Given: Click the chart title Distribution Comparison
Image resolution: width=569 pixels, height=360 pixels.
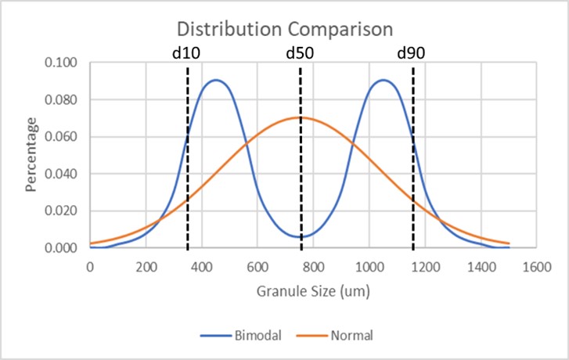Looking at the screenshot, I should point(284,30).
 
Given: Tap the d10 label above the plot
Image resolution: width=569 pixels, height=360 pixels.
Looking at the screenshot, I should point(187,55).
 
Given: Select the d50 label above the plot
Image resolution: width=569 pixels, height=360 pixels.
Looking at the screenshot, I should point(301,55).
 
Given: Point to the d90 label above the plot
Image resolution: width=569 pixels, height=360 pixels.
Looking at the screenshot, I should point(412,55).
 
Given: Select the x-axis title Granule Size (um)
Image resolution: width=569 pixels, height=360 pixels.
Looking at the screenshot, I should point(312,292).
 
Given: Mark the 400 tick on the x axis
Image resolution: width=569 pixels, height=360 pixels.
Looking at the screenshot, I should point(201,265).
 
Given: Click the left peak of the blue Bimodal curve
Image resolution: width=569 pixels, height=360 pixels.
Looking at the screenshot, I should point(216,80).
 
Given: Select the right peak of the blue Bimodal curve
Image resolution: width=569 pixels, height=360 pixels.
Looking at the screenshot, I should point(384,80).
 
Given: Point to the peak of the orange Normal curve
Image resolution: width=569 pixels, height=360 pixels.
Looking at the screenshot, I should point(300,117).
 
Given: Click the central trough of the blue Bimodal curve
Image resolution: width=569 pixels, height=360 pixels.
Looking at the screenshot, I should point(300,236).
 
